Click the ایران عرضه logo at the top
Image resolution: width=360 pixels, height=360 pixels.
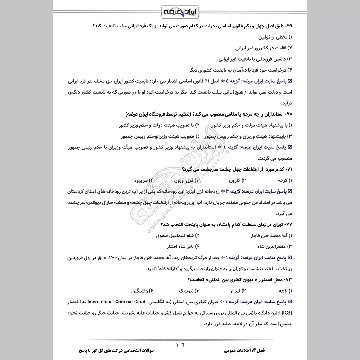coord(180,9)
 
